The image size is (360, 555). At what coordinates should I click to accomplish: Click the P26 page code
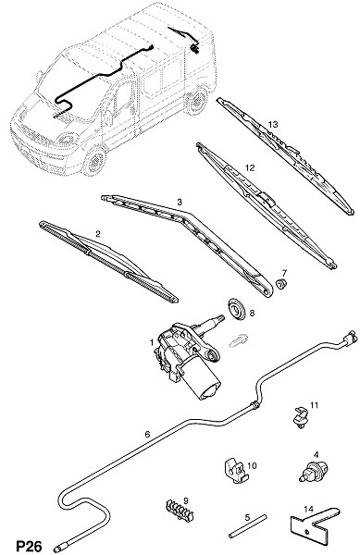[29, 546]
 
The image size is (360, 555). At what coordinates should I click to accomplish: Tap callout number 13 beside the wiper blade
[273, 124]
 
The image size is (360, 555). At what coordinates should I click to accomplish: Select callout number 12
[250, 167]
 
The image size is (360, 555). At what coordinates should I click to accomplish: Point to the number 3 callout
[180, 202]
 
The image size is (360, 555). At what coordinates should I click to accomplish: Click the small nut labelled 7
[281, 284]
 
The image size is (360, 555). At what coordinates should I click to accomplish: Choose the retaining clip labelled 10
[234, 471]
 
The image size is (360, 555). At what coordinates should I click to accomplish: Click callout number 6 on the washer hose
[148, 434]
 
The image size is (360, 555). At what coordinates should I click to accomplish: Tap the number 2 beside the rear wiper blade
[98, 234]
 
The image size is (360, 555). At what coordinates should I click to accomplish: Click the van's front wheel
[94, 162]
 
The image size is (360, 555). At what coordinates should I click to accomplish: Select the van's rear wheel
[197, 101]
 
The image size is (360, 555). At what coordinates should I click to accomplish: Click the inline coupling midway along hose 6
[254, 404]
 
